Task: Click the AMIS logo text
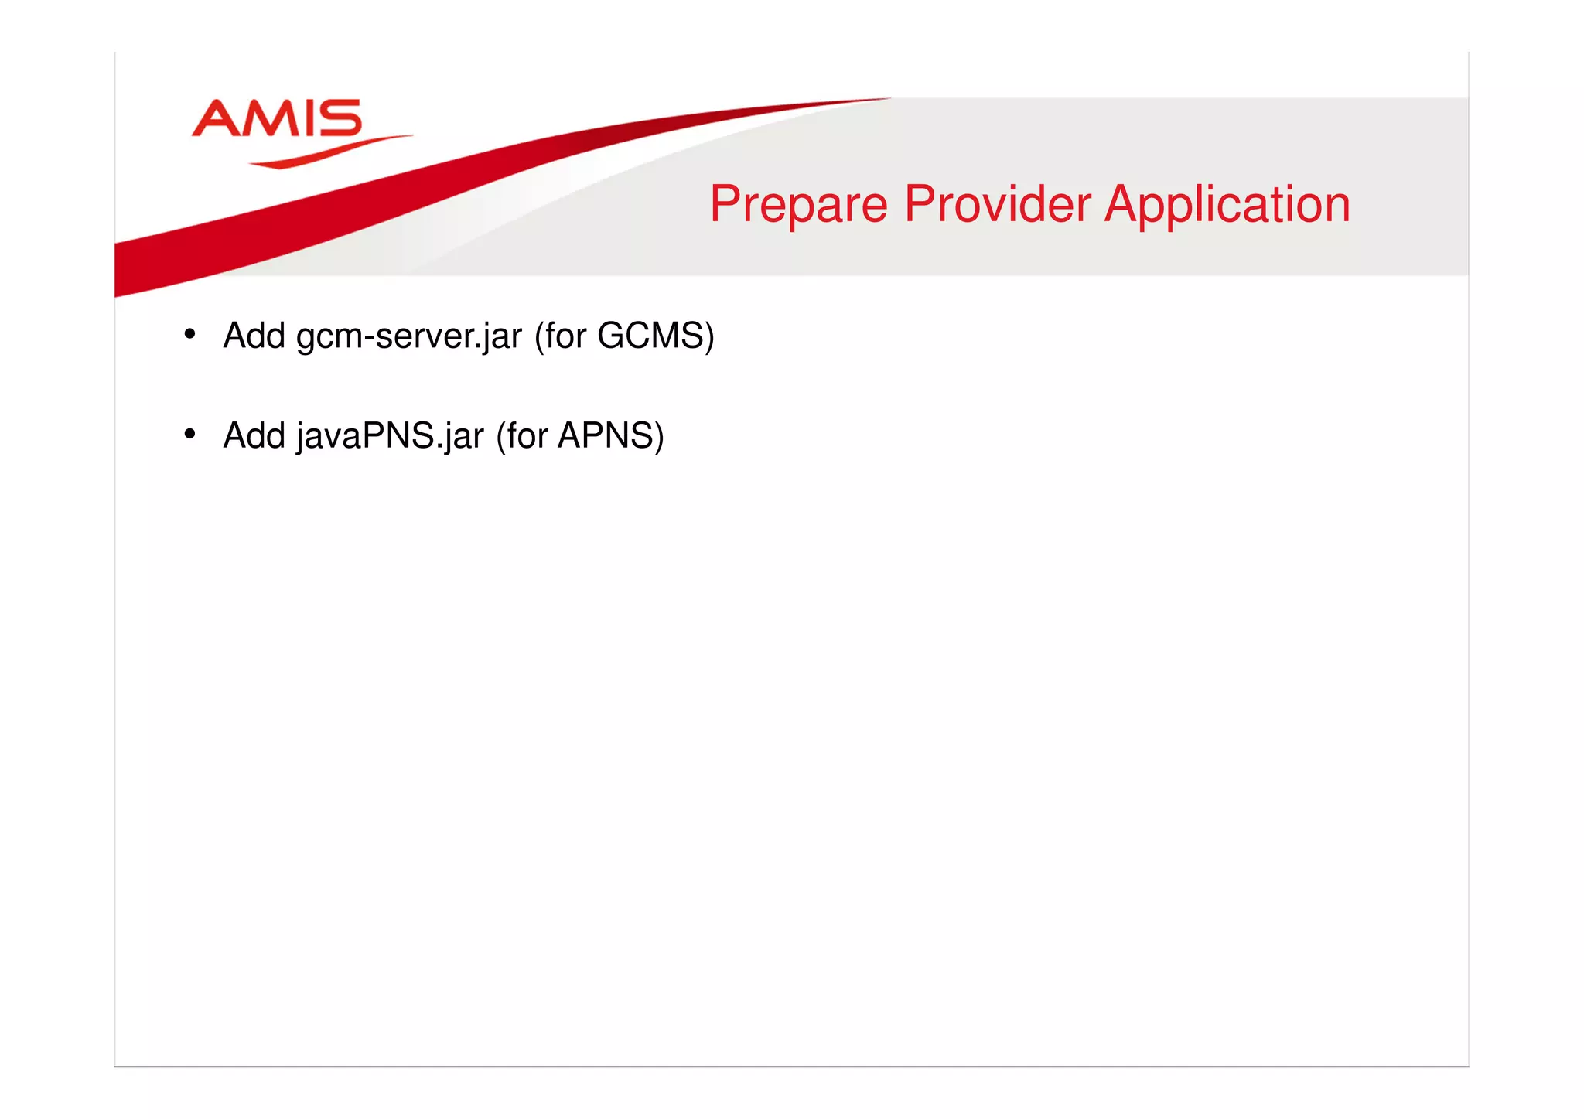[x=276, y=118]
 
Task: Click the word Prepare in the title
[x=798, y=205]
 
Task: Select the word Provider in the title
[x=997, y=204]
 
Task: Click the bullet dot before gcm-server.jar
[x=189, y=334]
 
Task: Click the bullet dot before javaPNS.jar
[x=189, y=434]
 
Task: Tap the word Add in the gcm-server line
[x=254, y=336]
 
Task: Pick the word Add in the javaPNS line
[x=254, y=435]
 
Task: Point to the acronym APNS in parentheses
[x=606, y=435]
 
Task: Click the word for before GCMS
[x=565, y=336]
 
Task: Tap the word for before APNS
[x=527, y=435]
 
